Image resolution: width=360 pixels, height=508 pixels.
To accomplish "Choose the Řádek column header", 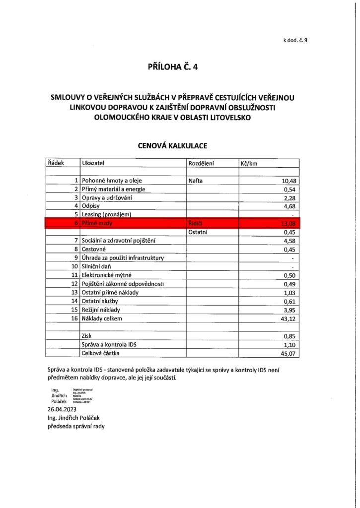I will (x=55, y=163).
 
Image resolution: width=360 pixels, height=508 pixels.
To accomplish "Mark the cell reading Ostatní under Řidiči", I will (x=198, y=232).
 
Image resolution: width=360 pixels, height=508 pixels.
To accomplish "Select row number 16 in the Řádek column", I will (x=74, y=318).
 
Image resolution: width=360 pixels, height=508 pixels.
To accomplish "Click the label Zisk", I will (x=87, y=336).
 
